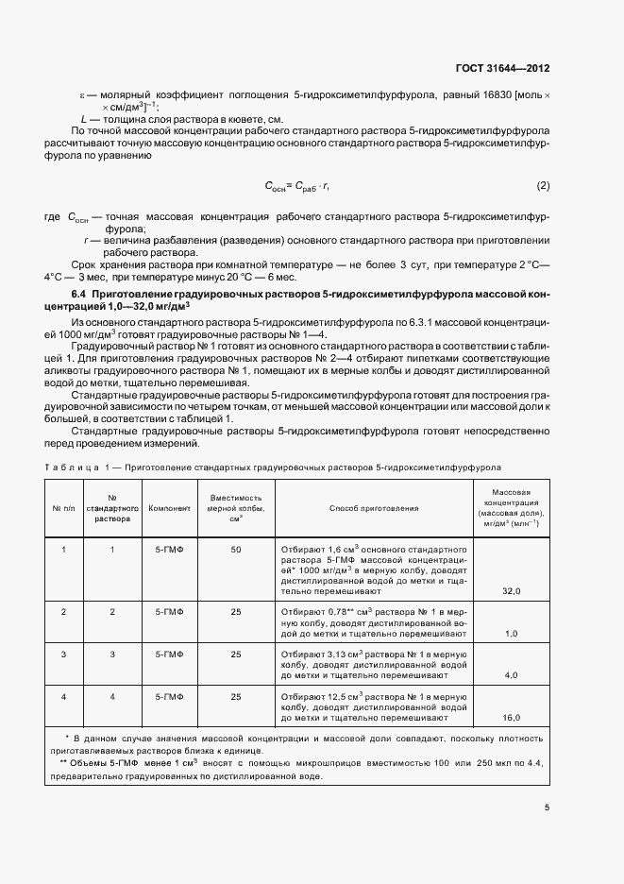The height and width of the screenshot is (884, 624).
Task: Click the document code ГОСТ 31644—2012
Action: click(x=503, y=69)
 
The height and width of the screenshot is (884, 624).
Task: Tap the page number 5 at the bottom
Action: click(x=547, y=807)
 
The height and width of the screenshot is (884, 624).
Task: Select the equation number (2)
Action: click(x=543, y=185)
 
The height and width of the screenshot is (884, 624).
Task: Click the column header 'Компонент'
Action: click(x=170, y=508)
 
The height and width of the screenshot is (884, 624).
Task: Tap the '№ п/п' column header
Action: click(x=63, y=508)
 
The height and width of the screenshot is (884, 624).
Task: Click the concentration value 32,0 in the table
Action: click(x=512, y=590)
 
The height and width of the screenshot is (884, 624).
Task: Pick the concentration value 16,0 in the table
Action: click(x=512, y=718)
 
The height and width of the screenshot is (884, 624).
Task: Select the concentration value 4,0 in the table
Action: click(x=512, y=675)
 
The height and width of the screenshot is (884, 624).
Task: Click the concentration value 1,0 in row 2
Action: click(x=512, y=634)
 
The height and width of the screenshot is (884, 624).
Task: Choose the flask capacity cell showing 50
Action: click(x=236, y=549)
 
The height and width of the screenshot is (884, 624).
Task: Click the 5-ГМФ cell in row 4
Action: click(x=170, y=696)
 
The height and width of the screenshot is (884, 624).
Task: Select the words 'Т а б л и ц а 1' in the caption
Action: click(x=76, y=467)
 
